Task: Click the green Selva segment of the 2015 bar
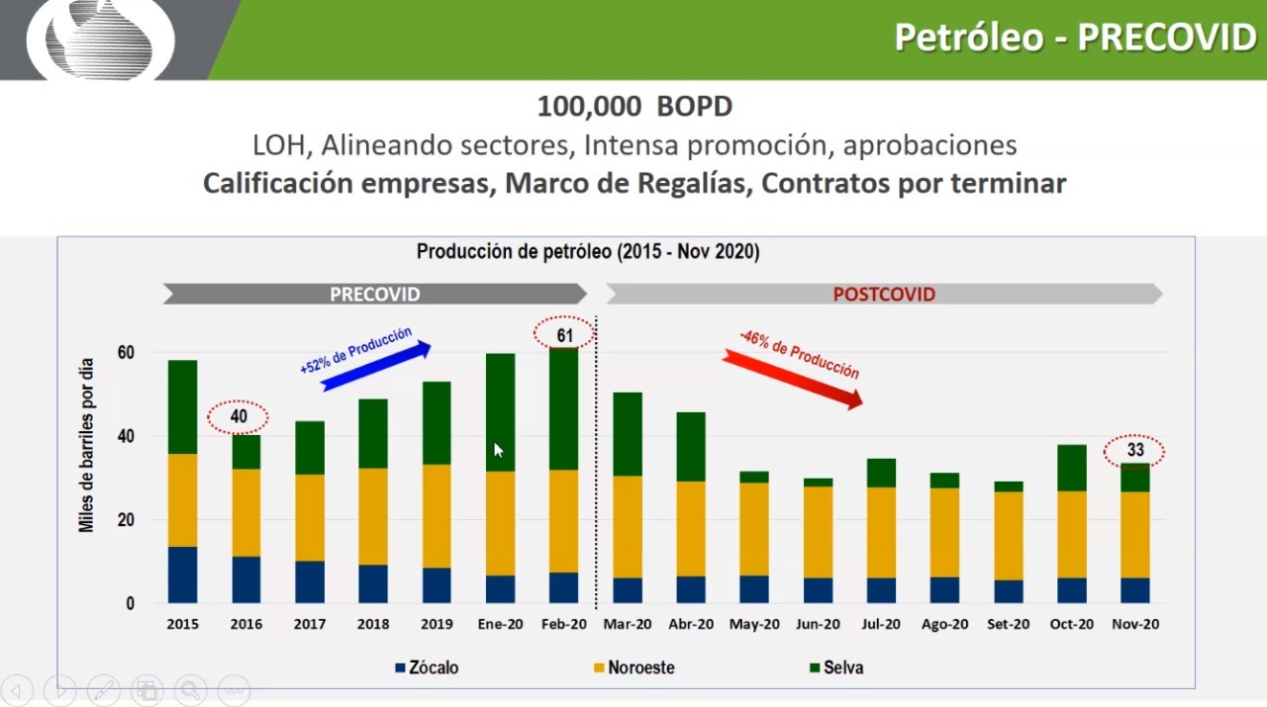coord(182,406)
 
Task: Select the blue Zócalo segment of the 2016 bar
coord(246,579)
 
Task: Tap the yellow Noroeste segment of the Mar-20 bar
coord(628,526)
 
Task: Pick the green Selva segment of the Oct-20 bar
coord(1072,468)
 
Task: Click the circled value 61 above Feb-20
coord(564,335)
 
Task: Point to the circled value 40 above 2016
coord(239,417)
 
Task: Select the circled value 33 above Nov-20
coord(1134,451)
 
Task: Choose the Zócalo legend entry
coord(427,667)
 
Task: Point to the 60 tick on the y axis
coord(126,353)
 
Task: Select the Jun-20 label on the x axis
coord(818,624)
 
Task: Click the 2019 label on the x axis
coord(437,624)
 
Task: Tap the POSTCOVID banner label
coord(883,295)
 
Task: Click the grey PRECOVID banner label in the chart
coord(375,295)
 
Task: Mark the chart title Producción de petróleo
coord(588,252)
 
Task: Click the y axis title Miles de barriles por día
coord(87,446)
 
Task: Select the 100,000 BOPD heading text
coord(634,107)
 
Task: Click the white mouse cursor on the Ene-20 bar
coord(498,450)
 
